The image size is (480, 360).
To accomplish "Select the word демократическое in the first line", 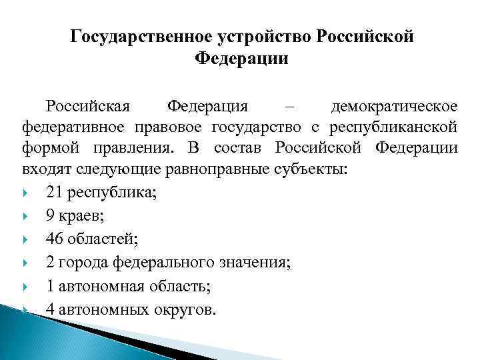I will (395, 107).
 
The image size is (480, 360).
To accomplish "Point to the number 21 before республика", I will (55, 193).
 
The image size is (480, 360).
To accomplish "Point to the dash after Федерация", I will (288, 107).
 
